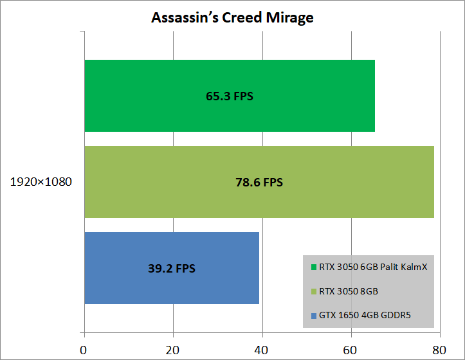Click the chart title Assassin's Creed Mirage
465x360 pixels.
[x=232, y=17]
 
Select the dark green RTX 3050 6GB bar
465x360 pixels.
[x=229, y=96]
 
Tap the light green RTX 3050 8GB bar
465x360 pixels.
[x=259, y=182]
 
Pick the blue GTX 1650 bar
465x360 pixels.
[x=171, y=268]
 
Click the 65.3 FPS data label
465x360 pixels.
[x=230, y=96]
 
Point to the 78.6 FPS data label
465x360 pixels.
[x=259, y=183]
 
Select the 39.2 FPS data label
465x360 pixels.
[x=172, y=269]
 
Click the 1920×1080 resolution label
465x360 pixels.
[x=41, y=182]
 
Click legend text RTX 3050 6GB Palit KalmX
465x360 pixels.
[x=373, y=267]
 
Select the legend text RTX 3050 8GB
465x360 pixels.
[x=348, y=291]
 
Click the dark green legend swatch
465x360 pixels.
[x=313, y=267]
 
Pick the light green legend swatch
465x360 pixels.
[x=313, y=291]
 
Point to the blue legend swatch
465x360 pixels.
[x=313, y=315]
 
